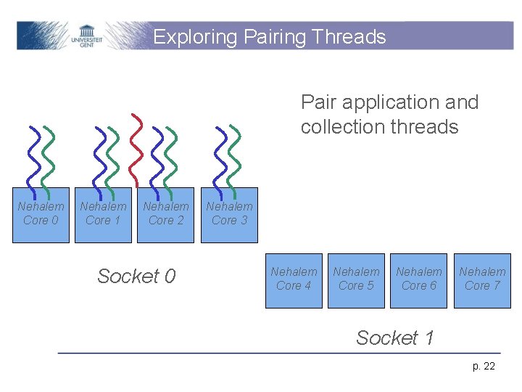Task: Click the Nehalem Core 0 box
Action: click(41, 213)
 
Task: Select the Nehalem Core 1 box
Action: click(103, 213)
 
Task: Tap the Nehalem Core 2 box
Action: click(166, 213)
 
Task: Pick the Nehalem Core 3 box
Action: click(229, 213)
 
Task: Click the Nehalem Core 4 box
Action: click(294, 279)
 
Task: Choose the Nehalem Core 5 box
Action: click(356, 279)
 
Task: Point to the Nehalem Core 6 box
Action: click(419, 279)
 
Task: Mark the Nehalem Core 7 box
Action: click(482, 279)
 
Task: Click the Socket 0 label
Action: click(136, 276)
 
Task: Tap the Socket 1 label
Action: click(395, 338)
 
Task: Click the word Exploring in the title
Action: click(195, 37)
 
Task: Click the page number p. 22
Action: click(484, 366)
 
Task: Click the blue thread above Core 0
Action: click(32, 156)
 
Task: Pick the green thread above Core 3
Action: click(232, 156)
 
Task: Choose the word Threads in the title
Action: click(353, 37)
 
